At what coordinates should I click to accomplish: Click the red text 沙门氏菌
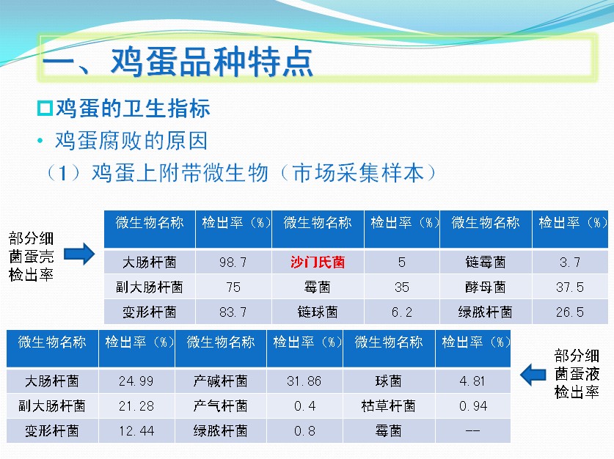318,262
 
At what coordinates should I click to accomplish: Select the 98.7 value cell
233,262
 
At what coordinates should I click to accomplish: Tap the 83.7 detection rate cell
233,312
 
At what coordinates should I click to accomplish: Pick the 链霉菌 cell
486,262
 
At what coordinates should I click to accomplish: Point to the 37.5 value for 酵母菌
570,287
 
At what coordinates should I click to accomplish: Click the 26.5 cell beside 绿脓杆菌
570,312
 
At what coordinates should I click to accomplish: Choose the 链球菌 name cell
318,312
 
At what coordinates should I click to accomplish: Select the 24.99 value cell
136,381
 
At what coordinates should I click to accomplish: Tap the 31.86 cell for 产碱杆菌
304,381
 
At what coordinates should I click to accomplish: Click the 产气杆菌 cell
221,405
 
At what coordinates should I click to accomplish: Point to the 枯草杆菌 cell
389,405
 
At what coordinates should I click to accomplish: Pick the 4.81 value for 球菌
472,381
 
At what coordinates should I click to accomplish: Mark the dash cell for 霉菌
472,431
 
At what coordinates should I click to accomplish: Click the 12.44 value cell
136,431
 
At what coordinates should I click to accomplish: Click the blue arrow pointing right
79,254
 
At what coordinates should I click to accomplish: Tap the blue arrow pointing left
533,375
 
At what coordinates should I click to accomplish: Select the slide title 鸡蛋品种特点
211,62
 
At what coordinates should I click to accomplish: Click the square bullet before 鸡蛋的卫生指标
45,109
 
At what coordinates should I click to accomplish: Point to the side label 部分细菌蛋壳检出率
31,257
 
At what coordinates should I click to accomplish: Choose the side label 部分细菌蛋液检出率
577,374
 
